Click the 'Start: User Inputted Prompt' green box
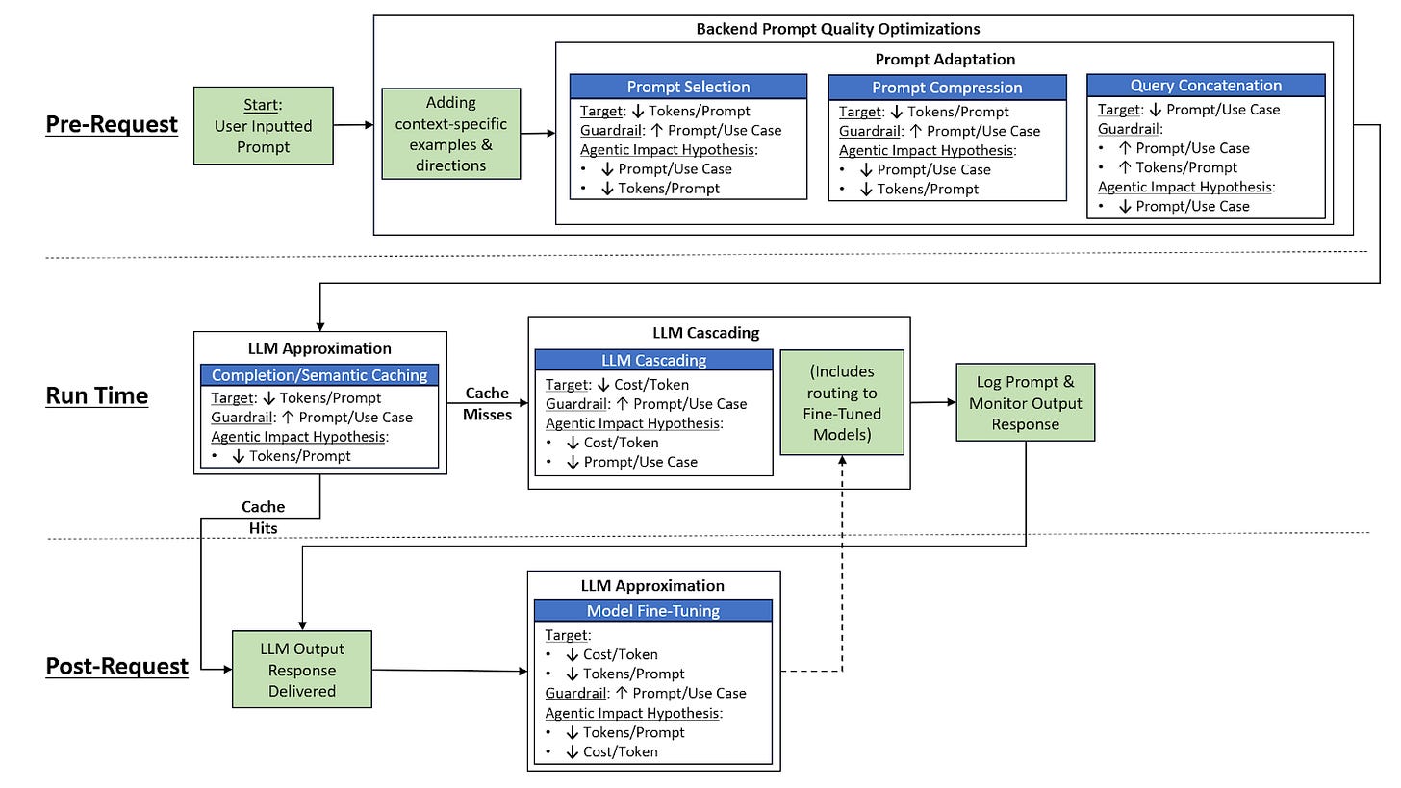coord(264,126)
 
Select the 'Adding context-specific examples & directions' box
coord(451,134)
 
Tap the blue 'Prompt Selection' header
coord(688,87)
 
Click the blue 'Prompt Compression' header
coord(947,88)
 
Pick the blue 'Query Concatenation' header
coord(1206,85)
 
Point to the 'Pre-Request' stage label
coord(112,124)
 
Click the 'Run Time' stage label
coord(97,395)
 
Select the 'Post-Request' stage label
coord(117,666)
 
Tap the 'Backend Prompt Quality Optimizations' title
coord(838,29)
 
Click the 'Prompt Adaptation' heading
coord(945,60)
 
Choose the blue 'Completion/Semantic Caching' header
coord(319,374)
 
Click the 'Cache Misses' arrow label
coord(487,403)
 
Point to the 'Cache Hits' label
coord(264,518)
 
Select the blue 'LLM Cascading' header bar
coord(653,360)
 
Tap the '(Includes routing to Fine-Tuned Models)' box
coord(842,402)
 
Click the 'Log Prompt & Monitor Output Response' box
coord(1026,403)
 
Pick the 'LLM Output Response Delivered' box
coord(302,670)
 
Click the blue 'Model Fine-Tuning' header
coord(653,610)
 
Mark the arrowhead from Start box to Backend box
coord(369,125)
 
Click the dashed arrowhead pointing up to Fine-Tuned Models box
coord(843,460)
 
